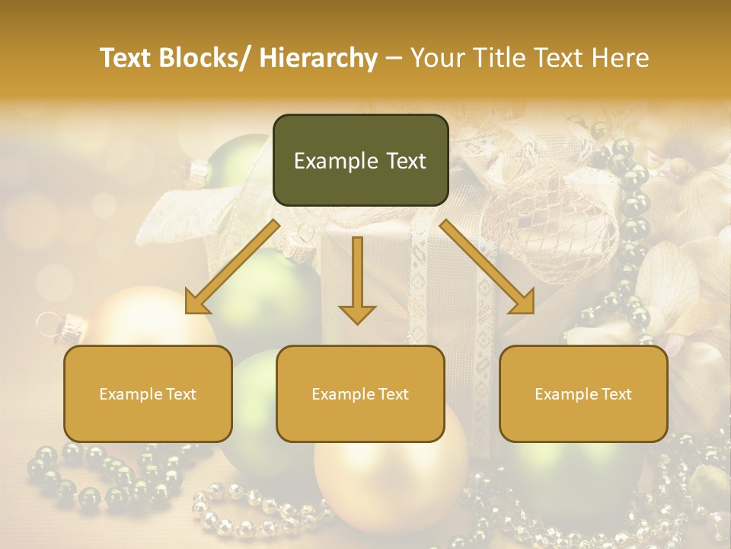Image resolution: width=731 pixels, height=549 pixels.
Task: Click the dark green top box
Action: coord(360,160)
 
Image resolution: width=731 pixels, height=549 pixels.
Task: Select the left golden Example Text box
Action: coord(148,393)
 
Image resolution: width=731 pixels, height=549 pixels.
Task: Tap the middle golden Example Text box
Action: coord(360,393)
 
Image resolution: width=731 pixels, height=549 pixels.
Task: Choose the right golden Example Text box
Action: coord(583,393)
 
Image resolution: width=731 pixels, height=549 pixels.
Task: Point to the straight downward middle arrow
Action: coord(357,279)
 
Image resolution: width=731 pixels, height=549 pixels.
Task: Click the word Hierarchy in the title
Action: coord(318,58)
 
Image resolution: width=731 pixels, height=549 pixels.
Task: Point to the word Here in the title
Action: coord(619,58)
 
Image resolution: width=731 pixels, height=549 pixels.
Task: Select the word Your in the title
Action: coord(437,58)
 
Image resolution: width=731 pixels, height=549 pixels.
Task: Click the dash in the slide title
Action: coord(394,58)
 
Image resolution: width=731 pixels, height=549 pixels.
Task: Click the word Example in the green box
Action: coord(335,161)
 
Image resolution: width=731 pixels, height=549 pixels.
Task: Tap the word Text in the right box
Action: coord(616,394)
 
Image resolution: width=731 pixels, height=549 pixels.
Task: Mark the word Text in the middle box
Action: coord(393,394)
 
